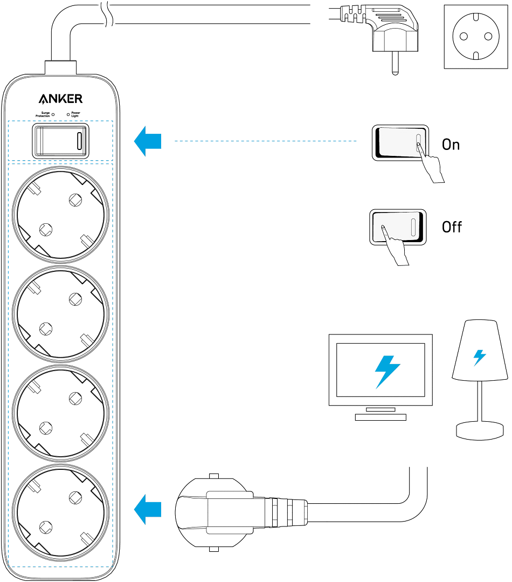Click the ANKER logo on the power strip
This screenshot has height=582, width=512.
[60, 99]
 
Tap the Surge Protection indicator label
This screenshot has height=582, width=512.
[43, 114]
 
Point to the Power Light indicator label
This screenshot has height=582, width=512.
[75, 114]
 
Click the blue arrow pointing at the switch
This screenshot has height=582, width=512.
[148, 141]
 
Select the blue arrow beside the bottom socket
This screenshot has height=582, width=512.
[148, 509]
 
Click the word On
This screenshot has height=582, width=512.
[451, 145]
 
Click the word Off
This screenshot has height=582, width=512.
[452, 227]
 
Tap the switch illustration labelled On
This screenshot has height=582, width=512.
[400, 143]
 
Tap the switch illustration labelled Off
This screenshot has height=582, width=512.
[398, 227]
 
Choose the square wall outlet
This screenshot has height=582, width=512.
[476, 37]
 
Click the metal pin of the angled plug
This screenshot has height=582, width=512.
[395, 63]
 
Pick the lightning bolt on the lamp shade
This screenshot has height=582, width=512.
[479, 358]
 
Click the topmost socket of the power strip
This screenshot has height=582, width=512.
[61, 215]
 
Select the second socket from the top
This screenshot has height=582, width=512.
[61, 313]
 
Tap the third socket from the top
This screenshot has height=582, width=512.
[61, 413]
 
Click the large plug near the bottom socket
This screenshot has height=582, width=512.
[241, 512]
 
